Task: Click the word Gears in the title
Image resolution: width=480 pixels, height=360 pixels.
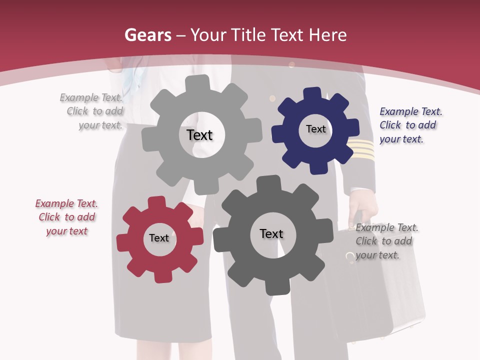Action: (x=147, y=35)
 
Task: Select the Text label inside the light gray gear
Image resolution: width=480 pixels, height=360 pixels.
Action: (x=199, y=135)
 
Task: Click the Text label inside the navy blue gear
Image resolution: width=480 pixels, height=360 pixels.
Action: (x=315, y=129)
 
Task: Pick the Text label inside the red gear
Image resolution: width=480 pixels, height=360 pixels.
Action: (x=159, y=238)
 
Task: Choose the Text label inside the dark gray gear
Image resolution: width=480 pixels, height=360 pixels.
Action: (x=271, y=233)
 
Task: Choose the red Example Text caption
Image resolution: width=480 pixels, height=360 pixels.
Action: (x=66, y=217)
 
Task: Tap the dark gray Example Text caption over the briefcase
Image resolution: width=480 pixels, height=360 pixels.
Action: (x=386, y=241)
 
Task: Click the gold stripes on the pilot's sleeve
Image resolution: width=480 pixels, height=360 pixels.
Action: (x=361, y=148)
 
